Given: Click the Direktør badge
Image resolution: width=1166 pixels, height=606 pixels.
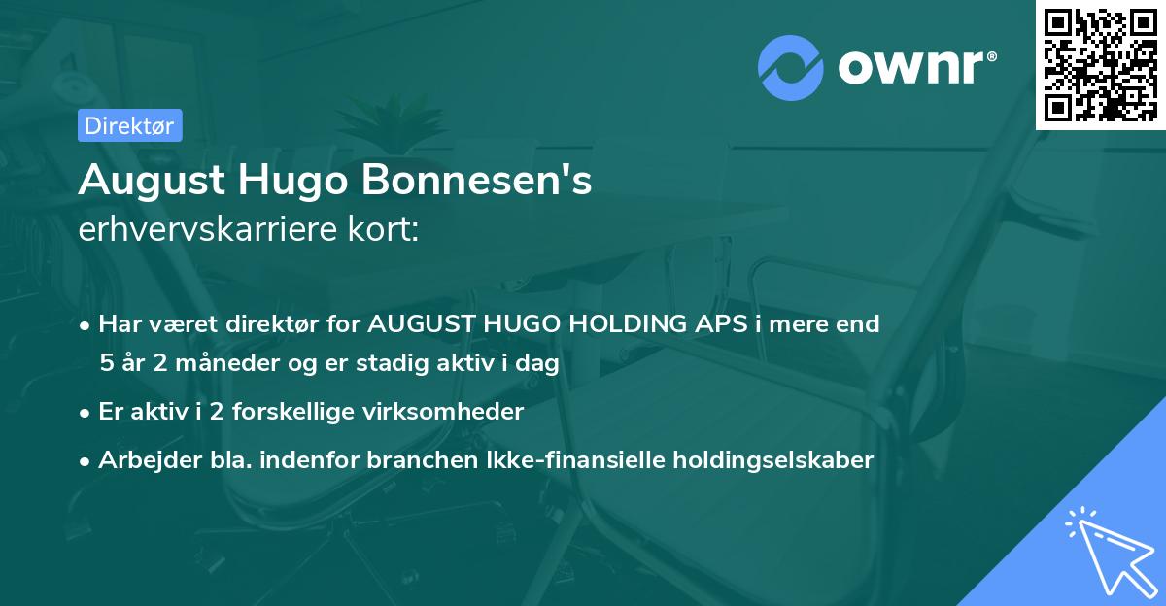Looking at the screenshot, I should point(129,125).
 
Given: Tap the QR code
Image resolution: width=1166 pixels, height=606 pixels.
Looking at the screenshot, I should point(1101,64).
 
